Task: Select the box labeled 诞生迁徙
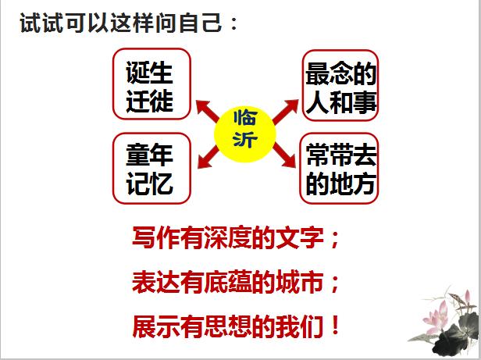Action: point(151,84)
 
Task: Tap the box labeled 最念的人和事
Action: point(341,84)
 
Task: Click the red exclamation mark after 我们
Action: point(337,324)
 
